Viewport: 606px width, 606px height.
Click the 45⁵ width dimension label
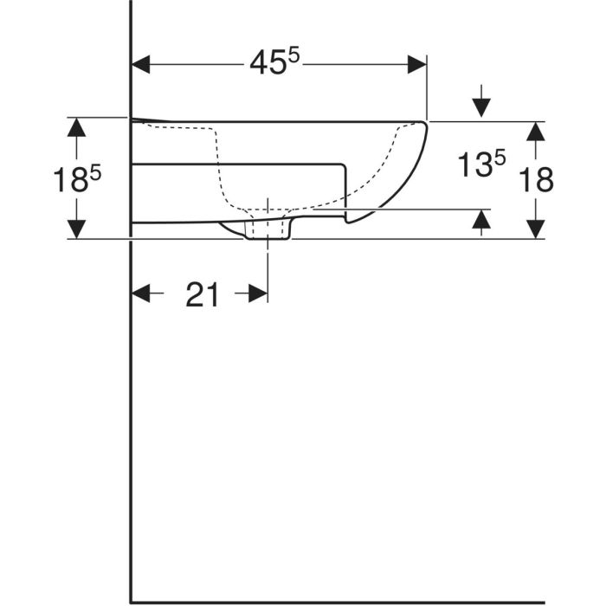pos(274,62)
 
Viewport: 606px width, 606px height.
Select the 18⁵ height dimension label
pos(77,179)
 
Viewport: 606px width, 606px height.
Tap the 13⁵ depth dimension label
pos(481,164)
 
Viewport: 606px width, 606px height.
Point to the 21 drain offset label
pos(202,294)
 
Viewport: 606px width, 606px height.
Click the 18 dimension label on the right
pos(536,180)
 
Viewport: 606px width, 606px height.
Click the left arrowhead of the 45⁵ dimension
pos(140,64)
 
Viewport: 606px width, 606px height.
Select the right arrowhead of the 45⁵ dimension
pos(417,64)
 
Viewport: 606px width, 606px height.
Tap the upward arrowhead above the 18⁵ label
pos(76,127)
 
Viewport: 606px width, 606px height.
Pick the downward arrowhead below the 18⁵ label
pos(76,229)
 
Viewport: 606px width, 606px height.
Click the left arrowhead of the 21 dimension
pos(141,293)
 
